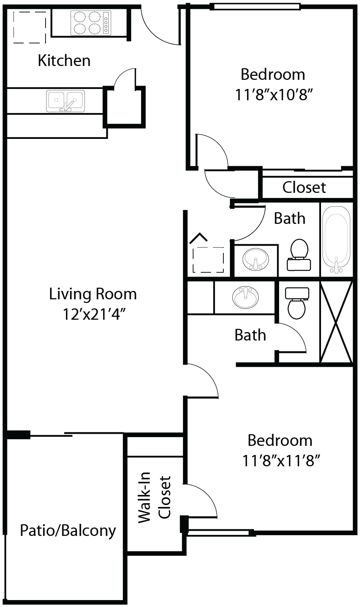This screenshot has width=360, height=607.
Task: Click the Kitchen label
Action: point(64,61)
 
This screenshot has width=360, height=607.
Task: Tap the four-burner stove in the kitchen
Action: point(91,23)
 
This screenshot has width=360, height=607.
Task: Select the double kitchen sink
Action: point(65,101)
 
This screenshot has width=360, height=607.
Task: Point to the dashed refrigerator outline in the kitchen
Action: point(30,27)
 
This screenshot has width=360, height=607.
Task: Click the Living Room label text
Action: point(93,294)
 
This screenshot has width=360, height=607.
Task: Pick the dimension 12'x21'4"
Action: point(94,314)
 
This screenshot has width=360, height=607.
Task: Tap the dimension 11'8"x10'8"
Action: point(274,95)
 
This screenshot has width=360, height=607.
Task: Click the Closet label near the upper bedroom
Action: point(304,187)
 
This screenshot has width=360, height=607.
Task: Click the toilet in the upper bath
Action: point(299,255)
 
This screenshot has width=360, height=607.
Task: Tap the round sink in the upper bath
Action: point(256,259)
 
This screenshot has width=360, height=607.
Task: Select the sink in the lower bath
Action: point(246,297)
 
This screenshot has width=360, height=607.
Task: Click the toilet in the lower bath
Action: point(297,303)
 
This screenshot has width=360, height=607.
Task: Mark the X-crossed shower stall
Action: point(336,322)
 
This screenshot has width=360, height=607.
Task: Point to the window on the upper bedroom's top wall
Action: point(255,6)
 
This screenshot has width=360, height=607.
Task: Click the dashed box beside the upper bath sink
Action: point(208,260)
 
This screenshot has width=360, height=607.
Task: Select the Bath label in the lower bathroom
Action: point(250,335)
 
